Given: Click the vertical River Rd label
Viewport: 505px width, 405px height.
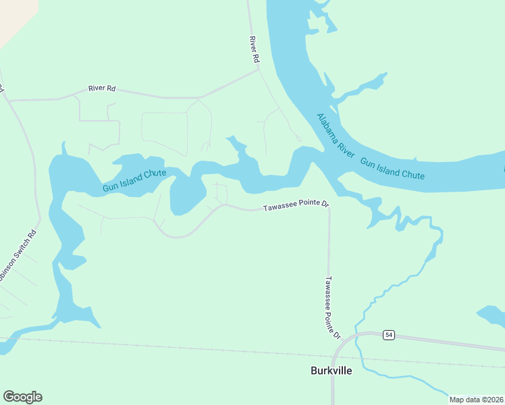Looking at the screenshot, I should [254, 50].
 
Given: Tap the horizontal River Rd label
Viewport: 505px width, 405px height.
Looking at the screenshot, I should [102, 88].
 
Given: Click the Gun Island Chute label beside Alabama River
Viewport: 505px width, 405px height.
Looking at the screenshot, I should [392, 169].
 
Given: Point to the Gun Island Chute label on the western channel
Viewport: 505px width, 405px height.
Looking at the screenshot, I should [134, 181].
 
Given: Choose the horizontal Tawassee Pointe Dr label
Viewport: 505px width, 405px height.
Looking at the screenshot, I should [295, 205].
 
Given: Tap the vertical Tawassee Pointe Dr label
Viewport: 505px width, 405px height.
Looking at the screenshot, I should [332, 307].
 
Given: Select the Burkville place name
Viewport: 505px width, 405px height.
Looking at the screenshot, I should [331, 371].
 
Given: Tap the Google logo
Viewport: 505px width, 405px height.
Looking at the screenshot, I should [22, 397].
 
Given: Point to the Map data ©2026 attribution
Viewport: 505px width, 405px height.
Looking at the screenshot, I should [476, 400].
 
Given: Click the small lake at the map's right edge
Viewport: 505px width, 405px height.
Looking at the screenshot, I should [491, 316].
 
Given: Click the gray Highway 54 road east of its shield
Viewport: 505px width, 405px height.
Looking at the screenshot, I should [452, 342].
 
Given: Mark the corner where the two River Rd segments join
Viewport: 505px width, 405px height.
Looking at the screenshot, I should [259, 70].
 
